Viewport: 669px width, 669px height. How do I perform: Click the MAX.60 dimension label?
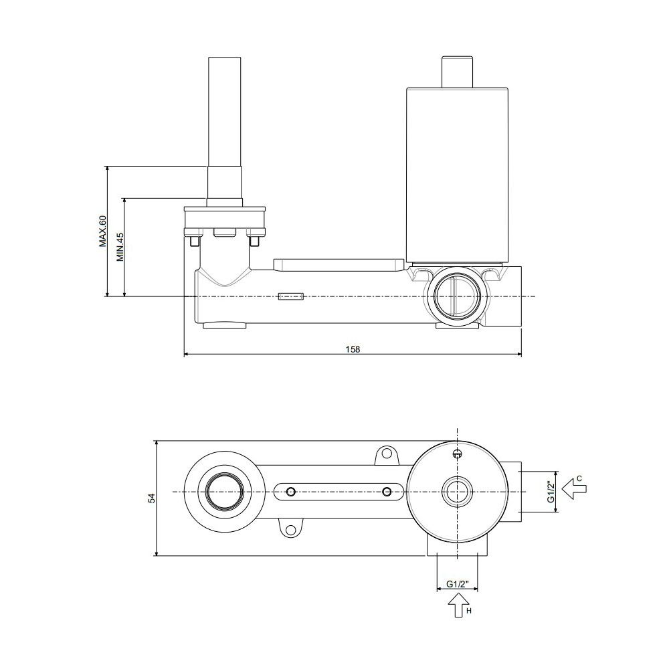[x=102, y=231]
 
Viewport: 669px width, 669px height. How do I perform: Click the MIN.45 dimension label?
[x=120, y=247]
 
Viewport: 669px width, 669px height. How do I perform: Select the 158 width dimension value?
[x=353, y=349]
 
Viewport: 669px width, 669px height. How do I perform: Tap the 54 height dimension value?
[x=152, y=498]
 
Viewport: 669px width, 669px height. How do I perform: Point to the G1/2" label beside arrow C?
[x=551, y=492]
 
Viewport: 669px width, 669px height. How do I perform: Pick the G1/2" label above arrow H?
[x=457, y=584]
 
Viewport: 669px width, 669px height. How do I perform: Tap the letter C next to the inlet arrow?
[x=579, y=478]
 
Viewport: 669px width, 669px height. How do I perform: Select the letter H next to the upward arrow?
[x=469, y=611]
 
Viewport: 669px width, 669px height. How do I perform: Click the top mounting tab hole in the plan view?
[x=387, y=452]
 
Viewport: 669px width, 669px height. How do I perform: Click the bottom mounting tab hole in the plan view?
[x=290, y=531]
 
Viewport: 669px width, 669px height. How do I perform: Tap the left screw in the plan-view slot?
[x=291, y=492]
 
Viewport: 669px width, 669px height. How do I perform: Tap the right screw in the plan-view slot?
[x=387, y=492]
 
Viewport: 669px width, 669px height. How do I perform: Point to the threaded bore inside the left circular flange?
[x=224, y=492]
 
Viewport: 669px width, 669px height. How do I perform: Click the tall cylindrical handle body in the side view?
[x=457, y=175]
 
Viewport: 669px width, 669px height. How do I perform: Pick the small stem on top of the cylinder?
[x=457, y=72]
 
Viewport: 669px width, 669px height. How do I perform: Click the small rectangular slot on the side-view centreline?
[x=291, y=296]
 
